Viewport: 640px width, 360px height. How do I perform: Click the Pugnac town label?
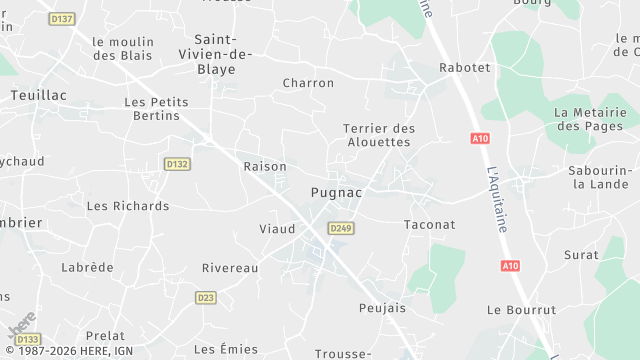tap(336, 191)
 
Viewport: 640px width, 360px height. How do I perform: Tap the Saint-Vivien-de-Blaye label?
tap(217, 54)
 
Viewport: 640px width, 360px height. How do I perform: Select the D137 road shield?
tap(62, 19)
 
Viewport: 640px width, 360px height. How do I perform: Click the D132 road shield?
tap(177, 164)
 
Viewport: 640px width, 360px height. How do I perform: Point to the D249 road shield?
tap(341, 228)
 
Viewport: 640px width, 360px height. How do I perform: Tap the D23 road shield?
tap(206, 297)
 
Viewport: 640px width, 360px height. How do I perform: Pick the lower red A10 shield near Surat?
tap(510, 265)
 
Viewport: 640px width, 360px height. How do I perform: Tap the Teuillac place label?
tap(37, 94)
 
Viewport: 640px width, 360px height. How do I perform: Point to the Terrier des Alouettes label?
tap(377, 135)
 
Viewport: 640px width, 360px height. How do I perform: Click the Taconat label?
tap(429, 225)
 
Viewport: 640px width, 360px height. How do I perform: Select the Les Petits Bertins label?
tap(155, 108)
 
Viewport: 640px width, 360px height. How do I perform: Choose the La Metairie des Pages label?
tap(589, 119)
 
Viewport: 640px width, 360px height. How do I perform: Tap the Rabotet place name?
tap(465, 68)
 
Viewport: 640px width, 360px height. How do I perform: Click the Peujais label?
tap(382, 308)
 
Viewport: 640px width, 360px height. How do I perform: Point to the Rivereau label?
tap(230, 268)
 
